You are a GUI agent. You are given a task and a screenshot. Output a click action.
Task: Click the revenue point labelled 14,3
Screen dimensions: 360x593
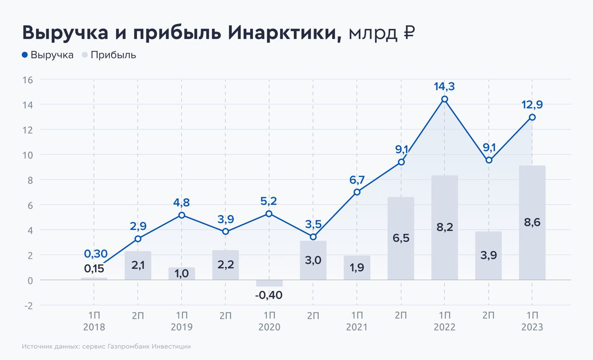[x=445, y=99]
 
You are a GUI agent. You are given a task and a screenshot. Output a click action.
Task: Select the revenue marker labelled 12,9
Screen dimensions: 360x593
[x=532, y=117]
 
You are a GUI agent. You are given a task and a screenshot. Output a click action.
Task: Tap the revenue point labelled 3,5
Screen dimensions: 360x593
[x=313, y=237]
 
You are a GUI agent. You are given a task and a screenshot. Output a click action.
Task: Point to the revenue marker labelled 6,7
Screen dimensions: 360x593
[x=357, y=192]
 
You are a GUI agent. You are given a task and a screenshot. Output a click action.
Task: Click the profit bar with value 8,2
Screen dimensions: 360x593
[x=445, y=227]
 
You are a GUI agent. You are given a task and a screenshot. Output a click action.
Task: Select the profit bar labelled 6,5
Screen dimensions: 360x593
[x=401, y=238]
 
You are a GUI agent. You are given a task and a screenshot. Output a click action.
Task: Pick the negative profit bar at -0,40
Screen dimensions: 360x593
[x=269, y=283]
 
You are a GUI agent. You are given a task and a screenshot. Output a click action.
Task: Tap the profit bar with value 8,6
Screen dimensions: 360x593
[x=532, y=222]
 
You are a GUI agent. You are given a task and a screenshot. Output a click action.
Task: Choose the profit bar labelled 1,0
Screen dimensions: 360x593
[x=182, y=273]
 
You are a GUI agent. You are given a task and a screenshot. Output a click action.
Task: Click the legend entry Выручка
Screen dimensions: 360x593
[x=48, y=55]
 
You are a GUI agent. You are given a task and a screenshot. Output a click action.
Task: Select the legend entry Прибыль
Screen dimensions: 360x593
[x=109, y=55]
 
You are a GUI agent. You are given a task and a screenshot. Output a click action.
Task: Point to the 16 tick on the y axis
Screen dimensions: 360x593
[x=27, y=80]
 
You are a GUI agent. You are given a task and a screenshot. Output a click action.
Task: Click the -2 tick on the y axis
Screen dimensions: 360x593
[x=28, y=305]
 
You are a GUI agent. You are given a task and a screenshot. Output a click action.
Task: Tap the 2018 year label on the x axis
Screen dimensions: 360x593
[x=94, y=327]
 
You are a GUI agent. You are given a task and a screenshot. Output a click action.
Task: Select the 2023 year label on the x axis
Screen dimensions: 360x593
[x=532, y=327]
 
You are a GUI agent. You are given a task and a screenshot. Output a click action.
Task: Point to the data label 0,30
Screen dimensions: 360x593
[x=95, y=253]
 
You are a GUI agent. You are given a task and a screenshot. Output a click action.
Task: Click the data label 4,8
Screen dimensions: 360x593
[x=182, y=202]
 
